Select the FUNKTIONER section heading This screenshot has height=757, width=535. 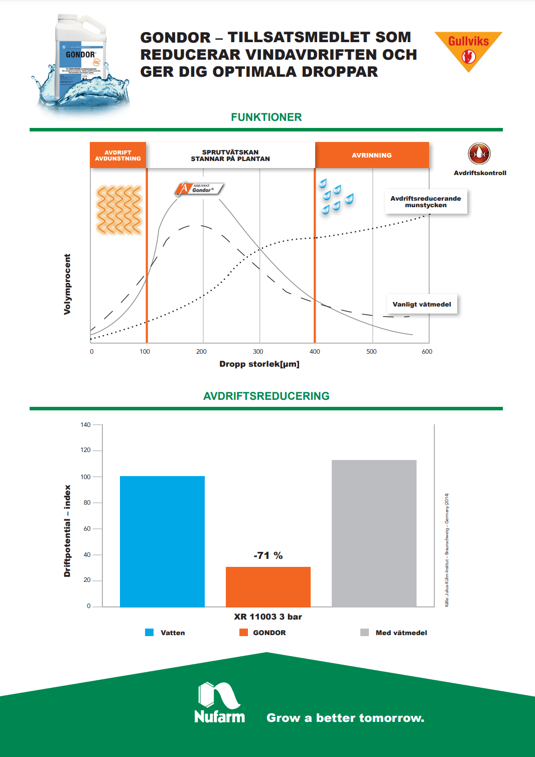coord(266,117)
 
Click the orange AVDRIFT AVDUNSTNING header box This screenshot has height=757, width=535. coord(118,156)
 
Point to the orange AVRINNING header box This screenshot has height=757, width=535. coord(372,156)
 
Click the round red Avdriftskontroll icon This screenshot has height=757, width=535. coord(479,154)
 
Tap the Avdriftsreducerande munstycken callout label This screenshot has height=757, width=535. coord(426,202)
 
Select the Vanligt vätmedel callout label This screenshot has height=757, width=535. coord(422,304)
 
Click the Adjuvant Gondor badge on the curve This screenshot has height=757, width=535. coord(199,189)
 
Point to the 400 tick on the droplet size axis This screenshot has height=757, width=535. coord(315,352)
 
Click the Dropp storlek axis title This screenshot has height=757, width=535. coord(259,364)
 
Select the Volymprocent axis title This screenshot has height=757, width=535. coord(67,284)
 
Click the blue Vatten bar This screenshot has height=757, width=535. coord(162,541)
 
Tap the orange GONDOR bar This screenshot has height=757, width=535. coord(268,587)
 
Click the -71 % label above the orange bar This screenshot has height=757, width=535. coord(268,555)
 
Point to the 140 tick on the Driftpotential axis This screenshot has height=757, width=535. coord(86,425)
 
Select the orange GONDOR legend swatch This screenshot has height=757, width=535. coord(243,633)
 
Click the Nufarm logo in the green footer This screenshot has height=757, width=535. coord(219,703)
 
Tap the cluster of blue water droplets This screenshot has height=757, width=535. coord(335,197)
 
